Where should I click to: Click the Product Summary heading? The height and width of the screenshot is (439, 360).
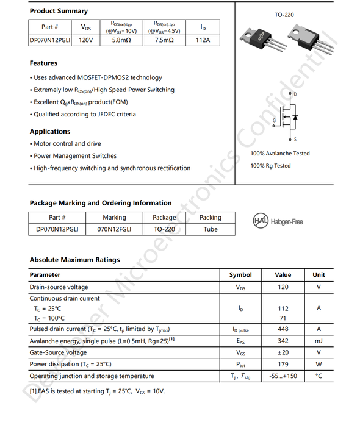tap(59, 11)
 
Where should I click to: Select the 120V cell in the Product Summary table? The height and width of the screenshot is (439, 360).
tap(85, 41)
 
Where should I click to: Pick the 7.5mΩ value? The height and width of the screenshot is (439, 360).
tap(164, 41)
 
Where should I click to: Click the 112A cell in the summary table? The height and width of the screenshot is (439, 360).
tap(203, 41)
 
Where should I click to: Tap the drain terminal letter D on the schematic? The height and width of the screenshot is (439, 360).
tap(295, 95)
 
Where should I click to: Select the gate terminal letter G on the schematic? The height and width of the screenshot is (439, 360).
tap(274, 120)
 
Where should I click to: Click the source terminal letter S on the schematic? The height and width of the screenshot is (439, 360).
tap(295, 140)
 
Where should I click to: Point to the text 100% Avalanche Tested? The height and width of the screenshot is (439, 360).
tap(279, 154)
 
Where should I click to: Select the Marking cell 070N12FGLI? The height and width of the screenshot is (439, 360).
tap(114, 230)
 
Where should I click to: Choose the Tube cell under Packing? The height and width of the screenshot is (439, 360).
tap(210, 230)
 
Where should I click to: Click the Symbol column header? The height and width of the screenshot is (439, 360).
tap(240, 275)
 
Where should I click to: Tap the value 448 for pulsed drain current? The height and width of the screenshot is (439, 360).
tap(283, 329)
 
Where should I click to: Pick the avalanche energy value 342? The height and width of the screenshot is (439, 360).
tap(283, 341)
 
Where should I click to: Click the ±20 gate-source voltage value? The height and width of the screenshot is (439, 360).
tap(283, 352)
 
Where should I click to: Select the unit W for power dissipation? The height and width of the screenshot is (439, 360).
tap(318, 364)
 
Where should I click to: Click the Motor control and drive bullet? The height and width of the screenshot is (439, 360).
tap(67, 144)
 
